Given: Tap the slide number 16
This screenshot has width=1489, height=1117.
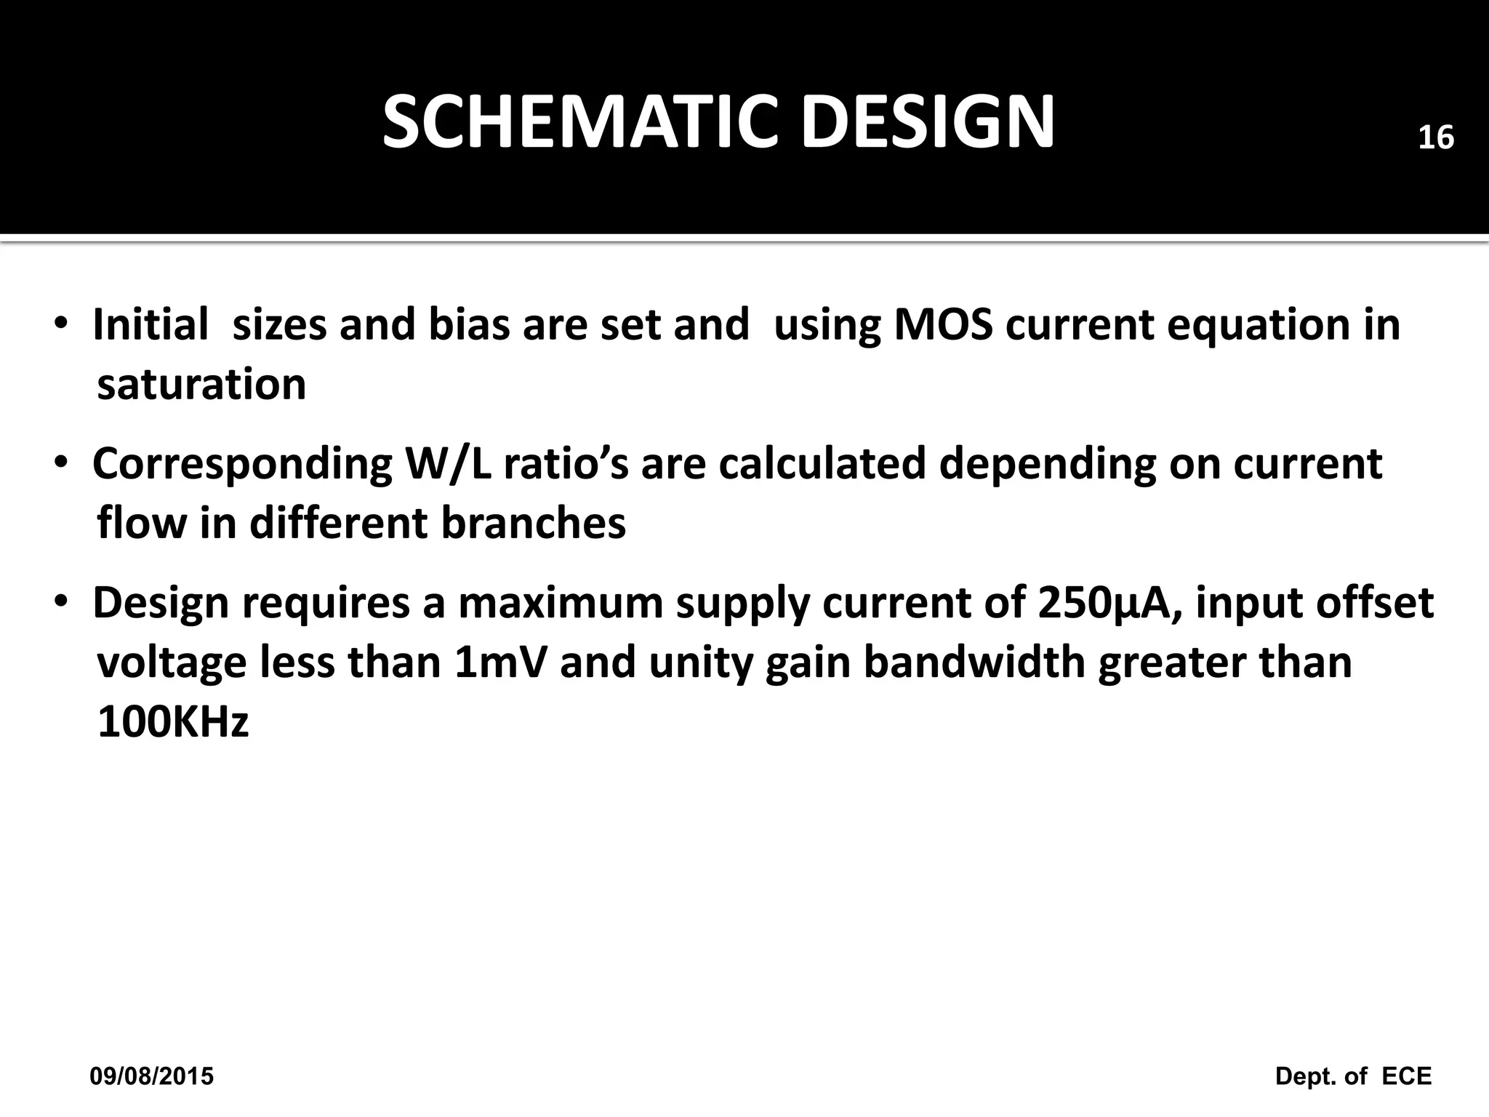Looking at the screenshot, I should [x=1436, y=138].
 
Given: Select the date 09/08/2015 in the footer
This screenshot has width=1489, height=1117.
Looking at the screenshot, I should [x=152, y=1076].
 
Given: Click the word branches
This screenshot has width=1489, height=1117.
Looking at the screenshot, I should [x=533, y=523].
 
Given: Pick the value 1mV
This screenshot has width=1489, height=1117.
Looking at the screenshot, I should [x=499, y=662].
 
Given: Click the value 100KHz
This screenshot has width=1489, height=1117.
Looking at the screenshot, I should [x=173, y=722].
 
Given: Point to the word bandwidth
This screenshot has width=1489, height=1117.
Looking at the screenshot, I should [x=974, y=662].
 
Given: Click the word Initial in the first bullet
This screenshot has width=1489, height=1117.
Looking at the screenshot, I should [x=150, y=324].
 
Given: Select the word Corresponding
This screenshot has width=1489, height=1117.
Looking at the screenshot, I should [x=242, y=465].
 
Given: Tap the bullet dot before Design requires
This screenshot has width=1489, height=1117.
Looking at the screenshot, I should [x=62, y=603].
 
